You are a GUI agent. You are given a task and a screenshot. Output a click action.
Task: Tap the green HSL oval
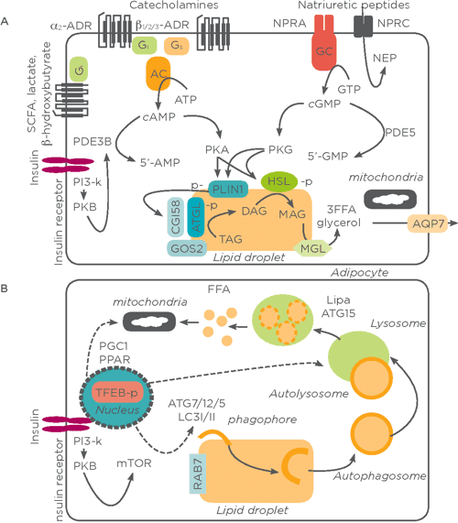tap(282, 184)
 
